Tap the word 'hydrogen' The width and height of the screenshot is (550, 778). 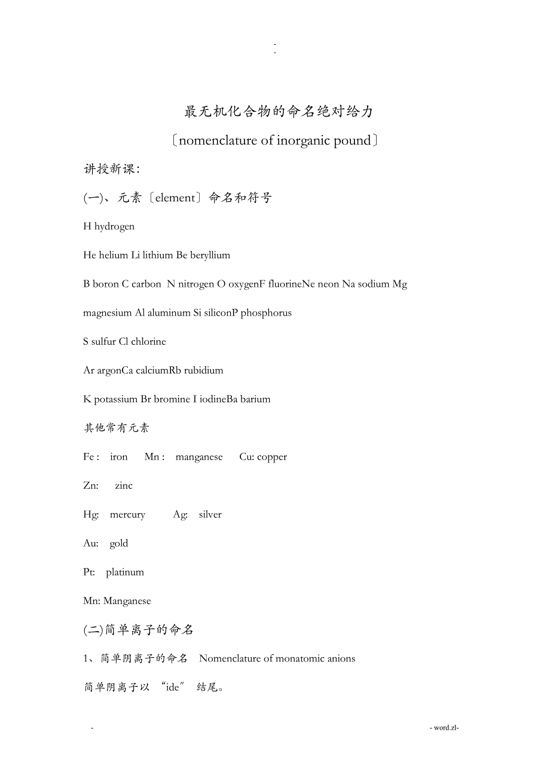click(x=114, y=226)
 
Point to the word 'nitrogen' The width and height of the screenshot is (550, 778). click(x=196, y=284)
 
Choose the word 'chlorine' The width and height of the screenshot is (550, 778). click(x=148, y=342)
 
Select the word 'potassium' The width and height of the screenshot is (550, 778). click(x=116, y=399)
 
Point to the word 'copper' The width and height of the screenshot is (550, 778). click(x=272, y=457)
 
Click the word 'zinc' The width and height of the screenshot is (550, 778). click(x=124, y=486)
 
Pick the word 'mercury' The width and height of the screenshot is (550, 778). click(x=127, y=514)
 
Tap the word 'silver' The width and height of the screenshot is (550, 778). click(x=210, y=514)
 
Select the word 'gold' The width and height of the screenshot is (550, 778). click(x=119, y=543)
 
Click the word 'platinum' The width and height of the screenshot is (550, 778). click(x=125, y=572)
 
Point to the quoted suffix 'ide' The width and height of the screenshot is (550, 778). click(x=173, y=688)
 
